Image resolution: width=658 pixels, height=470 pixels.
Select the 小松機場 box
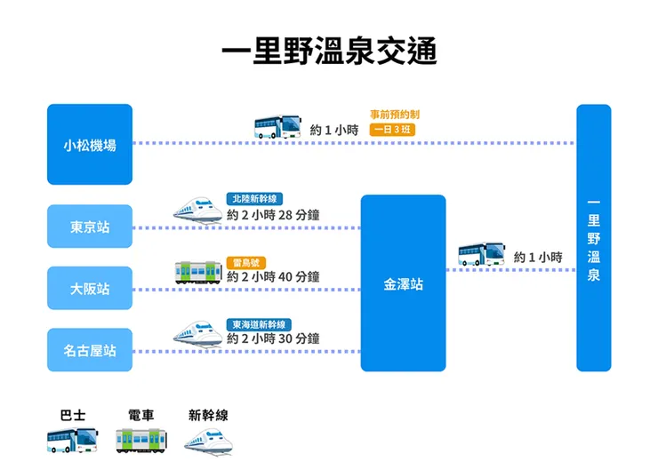[89, 144]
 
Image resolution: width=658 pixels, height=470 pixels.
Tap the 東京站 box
[89, 227]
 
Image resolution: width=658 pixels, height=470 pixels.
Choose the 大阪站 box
[89, 289]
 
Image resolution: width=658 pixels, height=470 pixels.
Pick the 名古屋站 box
[89, 351]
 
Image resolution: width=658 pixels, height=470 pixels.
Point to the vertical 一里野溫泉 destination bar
[593, 238]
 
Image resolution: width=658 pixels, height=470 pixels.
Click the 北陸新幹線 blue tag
[256, 199]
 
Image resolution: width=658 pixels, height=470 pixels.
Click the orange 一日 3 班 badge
[392, 130]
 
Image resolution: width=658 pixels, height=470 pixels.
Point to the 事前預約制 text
[395, 115]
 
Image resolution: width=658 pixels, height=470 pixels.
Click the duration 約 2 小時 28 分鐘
[273, 215]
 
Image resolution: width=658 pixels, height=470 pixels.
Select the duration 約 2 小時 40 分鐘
[273, 277]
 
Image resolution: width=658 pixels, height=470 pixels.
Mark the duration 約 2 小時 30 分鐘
[273, 339]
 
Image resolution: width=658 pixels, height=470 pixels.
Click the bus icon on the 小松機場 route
[278, 126]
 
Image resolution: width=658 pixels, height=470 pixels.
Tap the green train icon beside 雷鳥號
[198, 271]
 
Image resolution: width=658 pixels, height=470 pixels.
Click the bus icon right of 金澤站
[482, 255]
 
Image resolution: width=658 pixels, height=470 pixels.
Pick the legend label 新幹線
[208, 415]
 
